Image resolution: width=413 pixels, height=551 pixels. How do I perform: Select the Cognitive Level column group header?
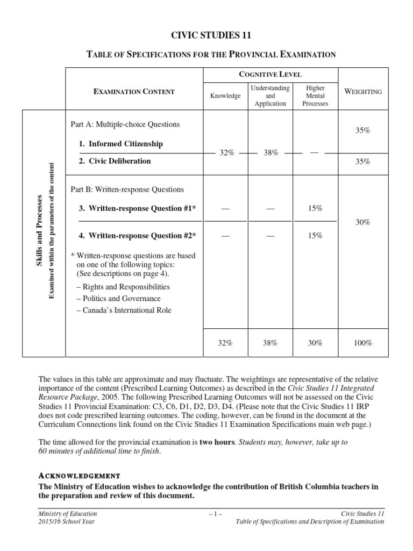pyautogui.click(x=270, y=74)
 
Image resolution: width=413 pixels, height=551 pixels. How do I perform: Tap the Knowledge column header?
pyautogui.click(x=226, y=96)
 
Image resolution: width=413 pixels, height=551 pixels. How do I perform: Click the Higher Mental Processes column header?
pyautogui.click(x=315, y=96)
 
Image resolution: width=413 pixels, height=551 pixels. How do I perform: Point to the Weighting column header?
pyautogui.click(x=363, y=91)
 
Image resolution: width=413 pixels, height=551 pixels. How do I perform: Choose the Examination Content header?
pyautogui.click(x=134, y=91)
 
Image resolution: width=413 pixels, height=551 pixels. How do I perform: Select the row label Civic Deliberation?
pyautogui.click(x=115, y=161)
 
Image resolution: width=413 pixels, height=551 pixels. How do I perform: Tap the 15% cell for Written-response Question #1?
pyautogui.click(x=315, y=208)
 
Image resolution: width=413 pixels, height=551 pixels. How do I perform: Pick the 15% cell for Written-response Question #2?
pyautogui.click(x=315, y=236)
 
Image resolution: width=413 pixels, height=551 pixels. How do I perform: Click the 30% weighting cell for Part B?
pyautogui.click(x=363, y=222)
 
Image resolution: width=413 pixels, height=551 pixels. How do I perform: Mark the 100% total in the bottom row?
pyautogui.click(x=363, y=343)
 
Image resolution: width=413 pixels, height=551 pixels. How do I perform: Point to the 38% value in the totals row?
pyautogui.click(x=270, y=343)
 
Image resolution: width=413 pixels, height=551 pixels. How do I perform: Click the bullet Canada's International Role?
pyautogui.click(x=124, y=310)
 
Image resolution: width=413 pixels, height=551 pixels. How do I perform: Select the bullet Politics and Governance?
pyautogui.click(x=118, y=298)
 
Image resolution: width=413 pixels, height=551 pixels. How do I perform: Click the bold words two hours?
pyautogui.click(x=217, y=442)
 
